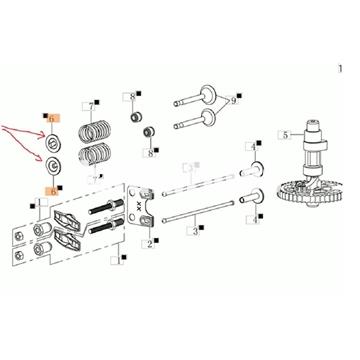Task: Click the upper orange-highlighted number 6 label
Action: [51, 118]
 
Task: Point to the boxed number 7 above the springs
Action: [92, 106]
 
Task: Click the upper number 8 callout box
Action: [132, 97]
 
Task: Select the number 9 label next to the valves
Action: [233, 100]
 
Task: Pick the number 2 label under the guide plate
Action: [150, 244]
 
